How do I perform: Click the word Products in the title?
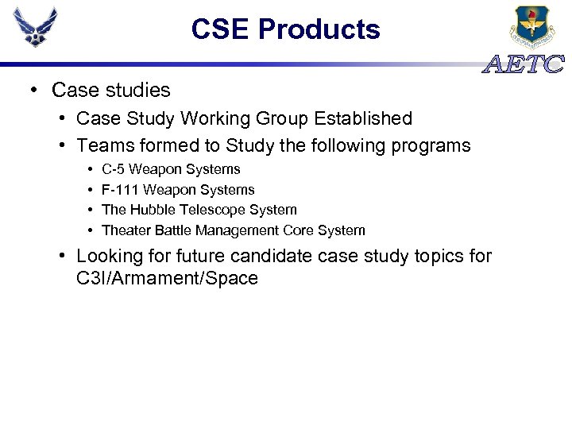tap(319, 29)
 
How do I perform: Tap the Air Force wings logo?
tap(36, 28)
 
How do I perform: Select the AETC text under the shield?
tap(524, 64)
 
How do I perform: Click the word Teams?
tap(103, 146)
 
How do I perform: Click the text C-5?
tap(114, 169)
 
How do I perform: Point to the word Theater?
tap(126, 230)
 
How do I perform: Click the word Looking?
tap(110, 257)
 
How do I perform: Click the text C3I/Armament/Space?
tap(168, 278)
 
